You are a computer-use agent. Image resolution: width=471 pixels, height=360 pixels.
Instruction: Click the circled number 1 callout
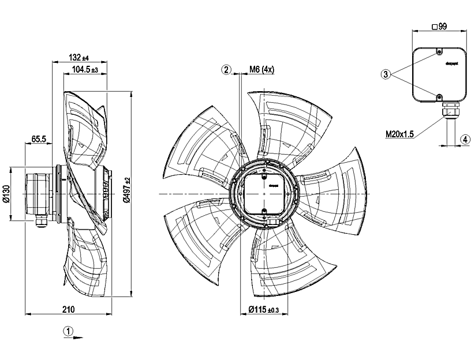(x=68, y=331)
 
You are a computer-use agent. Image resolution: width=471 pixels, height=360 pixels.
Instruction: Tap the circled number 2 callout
(x=226, y=70)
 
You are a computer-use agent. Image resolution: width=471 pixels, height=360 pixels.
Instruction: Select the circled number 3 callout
(x=386, y=74)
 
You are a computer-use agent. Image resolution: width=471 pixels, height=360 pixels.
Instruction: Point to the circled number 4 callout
(x=464, y=139)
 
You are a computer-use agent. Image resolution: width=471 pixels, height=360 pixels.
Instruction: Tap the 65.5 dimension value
(x=38, y=139)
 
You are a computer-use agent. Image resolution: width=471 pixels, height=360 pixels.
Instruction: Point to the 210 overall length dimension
(x=68, y=310)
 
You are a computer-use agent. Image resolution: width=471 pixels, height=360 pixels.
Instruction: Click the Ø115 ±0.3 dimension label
(x=263, y=310)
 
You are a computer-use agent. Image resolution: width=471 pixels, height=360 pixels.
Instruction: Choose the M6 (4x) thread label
(x=261, y=70)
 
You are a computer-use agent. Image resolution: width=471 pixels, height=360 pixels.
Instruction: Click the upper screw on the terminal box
(x=439, y=52)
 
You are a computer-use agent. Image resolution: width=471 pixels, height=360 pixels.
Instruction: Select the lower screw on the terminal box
(x=439, y=96)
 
